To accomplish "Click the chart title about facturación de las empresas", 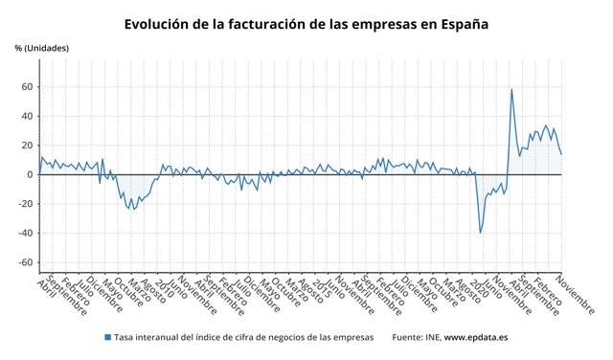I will pos(306,23).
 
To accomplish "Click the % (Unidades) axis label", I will pos(42,48).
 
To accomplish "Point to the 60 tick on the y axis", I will pos(27,87).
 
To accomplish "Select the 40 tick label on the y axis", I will pos(27,117).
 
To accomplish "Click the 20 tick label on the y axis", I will pos(27,146).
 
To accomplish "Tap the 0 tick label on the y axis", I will pos(30,175).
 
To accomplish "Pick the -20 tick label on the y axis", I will pos(25,204).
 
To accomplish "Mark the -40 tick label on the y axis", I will pos(25,234).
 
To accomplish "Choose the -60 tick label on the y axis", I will pos(25,262).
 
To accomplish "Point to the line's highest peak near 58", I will pos(511,90).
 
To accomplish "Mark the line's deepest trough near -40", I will pos(481,233).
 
